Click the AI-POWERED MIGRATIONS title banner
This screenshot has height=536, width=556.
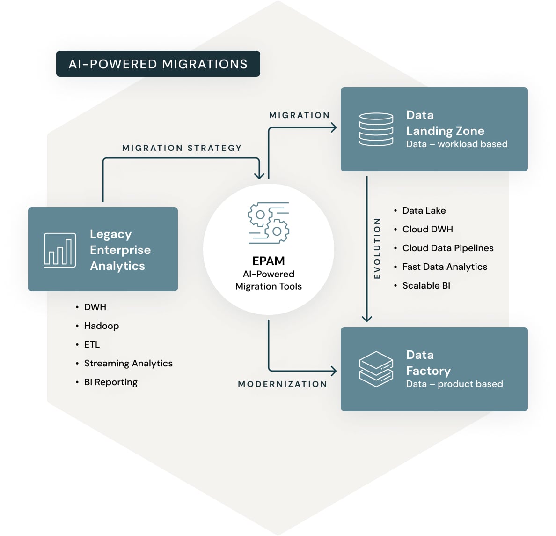tap(158, 64)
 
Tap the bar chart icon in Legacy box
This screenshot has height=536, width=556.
tap(60, 250)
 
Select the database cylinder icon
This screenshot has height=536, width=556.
tap(376, 129)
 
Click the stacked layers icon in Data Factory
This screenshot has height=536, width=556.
tap(376, 369)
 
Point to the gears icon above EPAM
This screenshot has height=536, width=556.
tap(269, 223)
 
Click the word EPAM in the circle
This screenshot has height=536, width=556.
tap(269, 261)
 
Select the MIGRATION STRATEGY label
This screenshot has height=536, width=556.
tap(182, 148)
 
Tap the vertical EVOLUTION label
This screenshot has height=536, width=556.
tap(377, 248)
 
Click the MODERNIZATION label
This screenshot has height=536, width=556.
tap(283, 384)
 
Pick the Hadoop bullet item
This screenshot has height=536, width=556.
tap(101, 326)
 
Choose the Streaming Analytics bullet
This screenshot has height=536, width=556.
tap(128, 363)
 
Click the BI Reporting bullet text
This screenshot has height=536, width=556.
tap(110, 382)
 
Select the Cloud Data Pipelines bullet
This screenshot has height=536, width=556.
tap(447, 248)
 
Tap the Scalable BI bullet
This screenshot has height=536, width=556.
tap(426, 285)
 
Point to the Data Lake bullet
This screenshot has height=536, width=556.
tap(424, 210)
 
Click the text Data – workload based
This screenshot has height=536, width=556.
tap(456, 144)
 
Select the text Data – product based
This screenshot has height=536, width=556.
tap(454, 384)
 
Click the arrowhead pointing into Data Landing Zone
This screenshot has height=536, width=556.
tap(334, 127)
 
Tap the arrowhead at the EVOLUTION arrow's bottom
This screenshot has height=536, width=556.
tap(367, 319)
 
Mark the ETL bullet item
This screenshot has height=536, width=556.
tap(92, 344)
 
